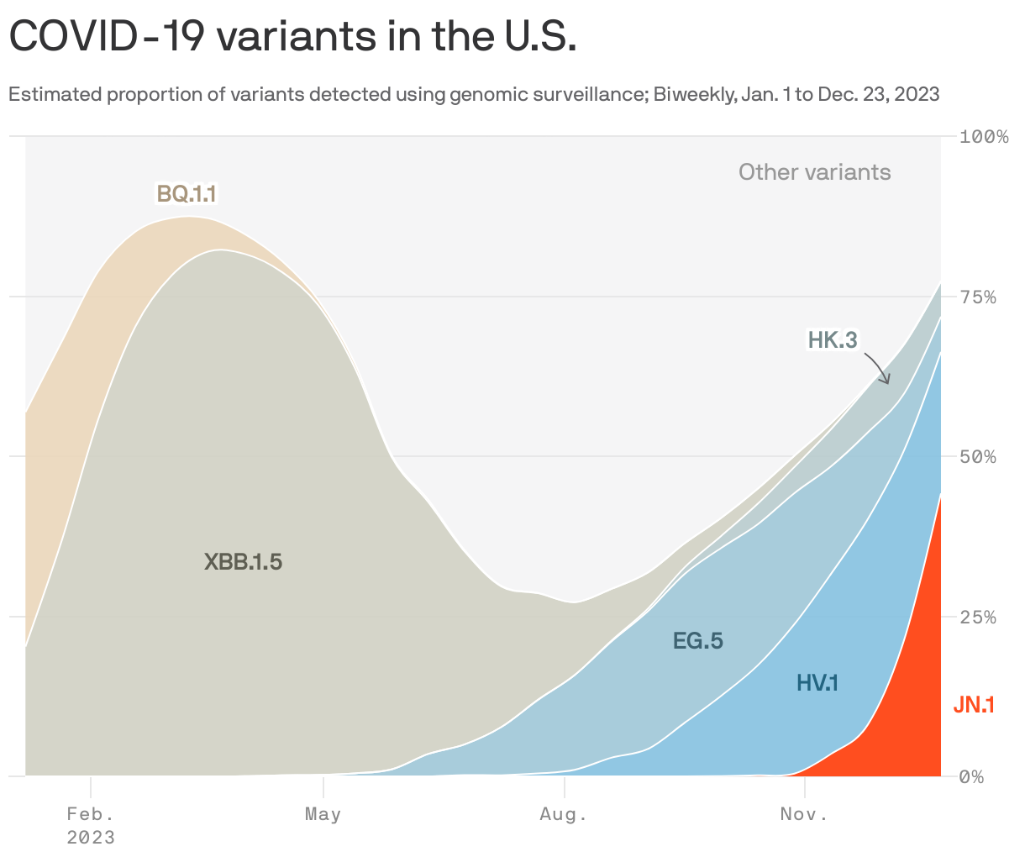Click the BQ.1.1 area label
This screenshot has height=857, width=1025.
[x=187, y=194]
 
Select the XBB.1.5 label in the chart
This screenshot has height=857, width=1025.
[x=243, y=562]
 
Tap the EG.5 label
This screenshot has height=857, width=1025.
[x=697, y=641]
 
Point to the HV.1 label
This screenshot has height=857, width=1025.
[x=817, y=683]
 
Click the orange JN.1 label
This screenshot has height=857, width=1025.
[x=973, y=705]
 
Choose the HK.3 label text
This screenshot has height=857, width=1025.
[x=832, y=340]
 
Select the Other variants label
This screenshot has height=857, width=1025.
[x=814, y=172]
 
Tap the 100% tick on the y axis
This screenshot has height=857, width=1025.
[x=983, y=137]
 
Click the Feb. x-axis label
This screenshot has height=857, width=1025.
[x=91, y=814]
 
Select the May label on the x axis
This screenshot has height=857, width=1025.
[x=323, y=814]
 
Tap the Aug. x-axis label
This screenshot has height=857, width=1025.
[x=564, y=814]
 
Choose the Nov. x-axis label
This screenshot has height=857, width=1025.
[x=804, y=814]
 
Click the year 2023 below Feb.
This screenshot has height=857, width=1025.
[x=91, y=838]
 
